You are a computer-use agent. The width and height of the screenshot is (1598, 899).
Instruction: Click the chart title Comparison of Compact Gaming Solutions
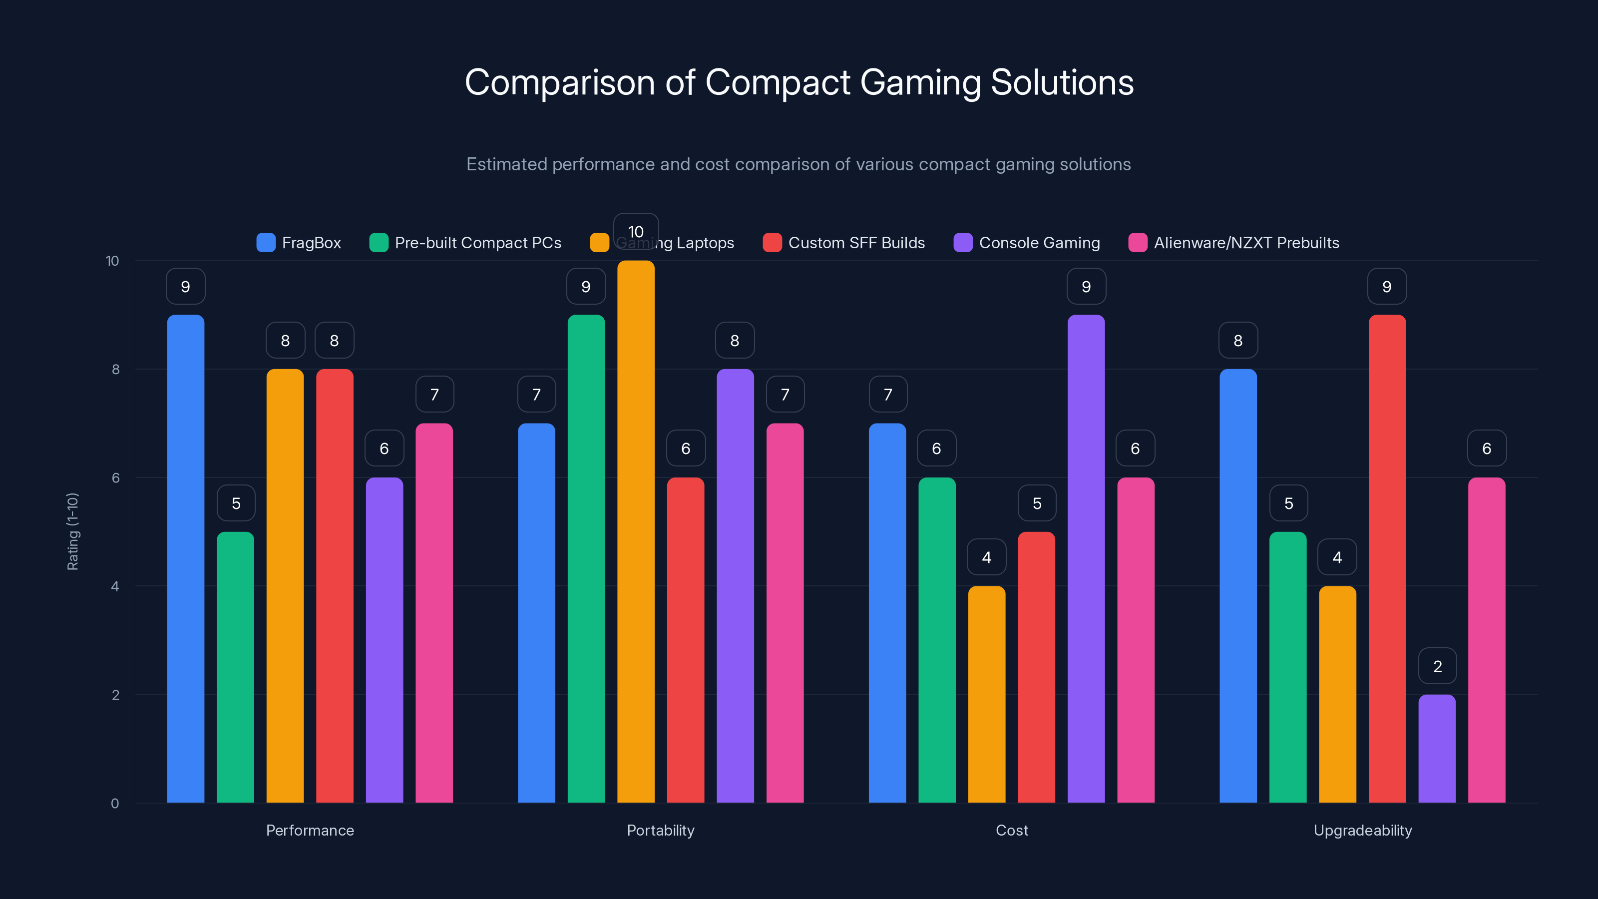[x=799, y=82]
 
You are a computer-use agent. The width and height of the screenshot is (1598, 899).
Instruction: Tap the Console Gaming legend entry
[x=1027, y=243]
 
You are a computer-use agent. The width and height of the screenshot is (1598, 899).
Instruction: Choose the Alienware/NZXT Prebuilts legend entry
[x=1234, y=243]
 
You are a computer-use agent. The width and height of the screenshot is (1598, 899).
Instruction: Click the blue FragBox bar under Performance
[x=185, y=558]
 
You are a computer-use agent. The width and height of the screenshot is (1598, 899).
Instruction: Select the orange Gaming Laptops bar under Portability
[x=636, y=533]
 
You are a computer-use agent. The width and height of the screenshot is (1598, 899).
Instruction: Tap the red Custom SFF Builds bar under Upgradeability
[x=1387, y=558]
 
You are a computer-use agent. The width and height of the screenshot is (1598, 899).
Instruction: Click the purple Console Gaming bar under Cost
[x=1086, y=558]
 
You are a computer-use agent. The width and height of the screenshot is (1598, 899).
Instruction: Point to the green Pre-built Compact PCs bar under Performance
[x=235, y=667]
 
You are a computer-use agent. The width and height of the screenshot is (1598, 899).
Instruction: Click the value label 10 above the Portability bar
[x=636, y=231]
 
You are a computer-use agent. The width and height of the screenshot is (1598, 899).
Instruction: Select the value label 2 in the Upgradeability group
[x=1437, y=666]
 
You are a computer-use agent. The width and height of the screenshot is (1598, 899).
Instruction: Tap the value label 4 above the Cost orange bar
[x=986, y=557]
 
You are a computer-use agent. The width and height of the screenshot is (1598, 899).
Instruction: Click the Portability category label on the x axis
[x=661, y=830]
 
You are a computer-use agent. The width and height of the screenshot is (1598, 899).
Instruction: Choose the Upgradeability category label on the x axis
[x=1362, y=830]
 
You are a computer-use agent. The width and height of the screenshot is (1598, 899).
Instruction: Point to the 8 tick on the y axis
[x=115, y=369]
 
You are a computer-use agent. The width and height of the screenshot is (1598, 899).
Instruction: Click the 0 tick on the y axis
[x=115, y=804]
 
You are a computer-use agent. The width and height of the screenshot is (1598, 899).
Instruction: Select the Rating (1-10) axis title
[x=72, y=532]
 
